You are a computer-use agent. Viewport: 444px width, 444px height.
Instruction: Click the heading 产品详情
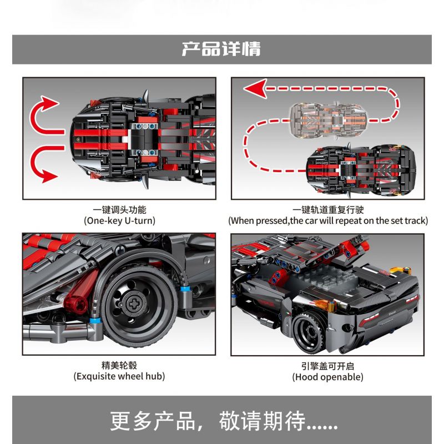click(221, 49)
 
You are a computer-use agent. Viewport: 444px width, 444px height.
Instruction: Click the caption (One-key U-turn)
click(119, 220)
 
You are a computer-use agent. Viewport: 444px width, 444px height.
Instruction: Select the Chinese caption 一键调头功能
click(119, 209)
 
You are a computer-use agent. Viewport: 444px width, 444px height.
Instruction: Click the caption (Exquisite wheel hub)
click(119, 377)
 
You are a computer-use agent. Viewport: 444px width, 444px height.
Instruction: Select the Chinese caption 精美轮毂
click(119, 366)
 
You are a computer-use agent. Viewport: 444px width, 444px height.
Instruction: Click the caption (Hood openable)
click(327, 377)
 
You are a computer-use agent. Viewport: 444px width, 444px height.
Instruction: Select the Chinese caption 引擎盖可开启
click(327, 366)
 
